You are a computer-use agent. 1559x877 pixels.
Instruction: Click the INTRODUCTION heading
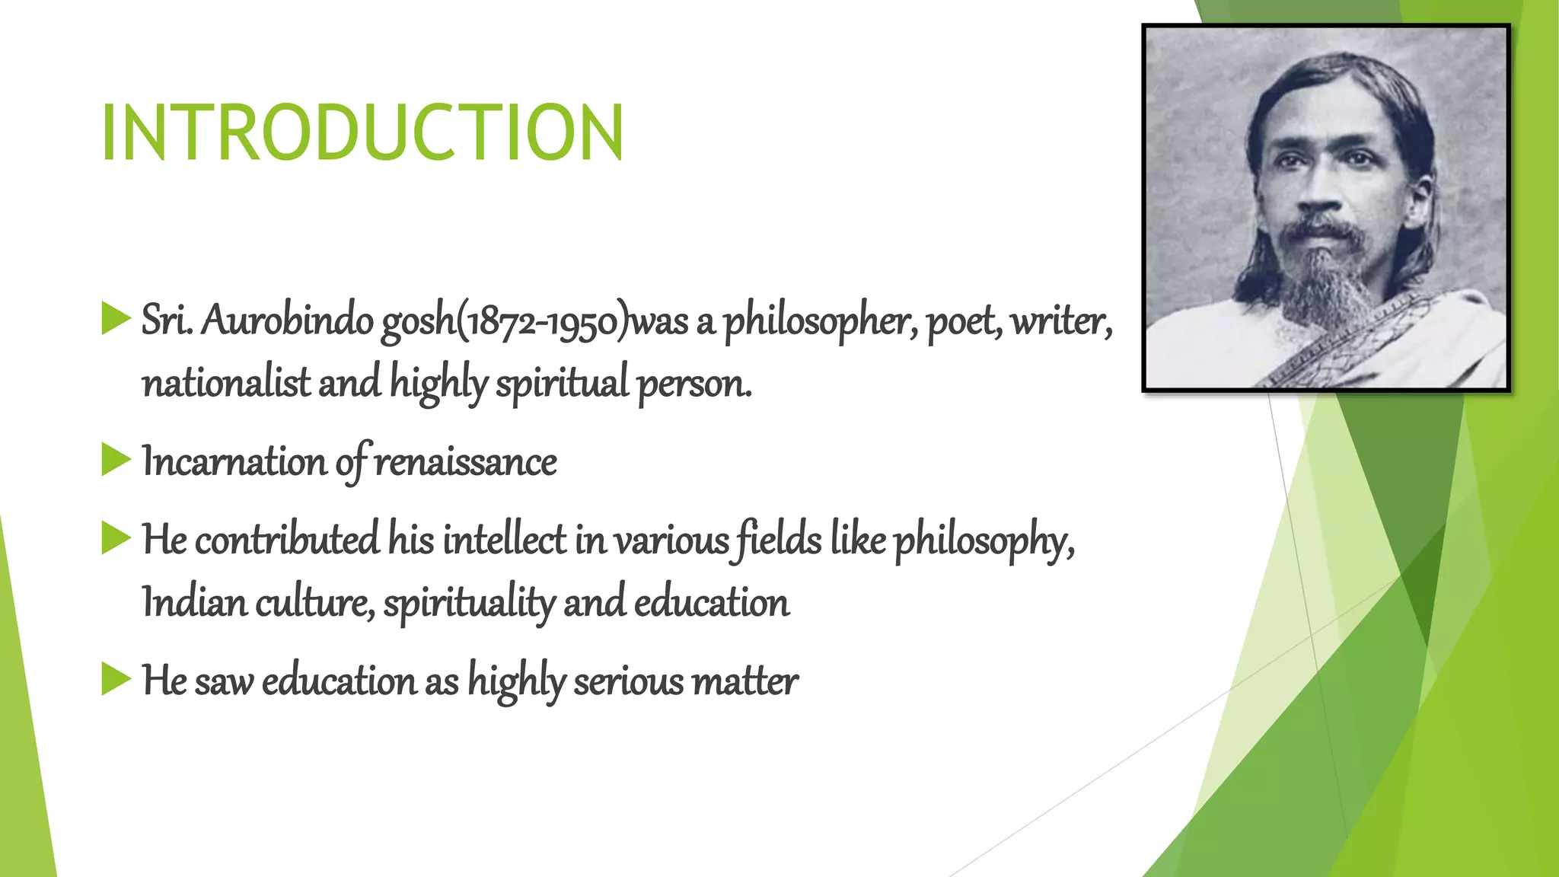click(362, 133)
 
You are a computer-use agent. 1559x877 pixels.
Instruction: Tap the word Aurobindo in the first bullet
click(287, 321)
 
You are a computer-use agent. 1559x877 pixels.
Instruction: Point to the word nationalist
click(226, 383)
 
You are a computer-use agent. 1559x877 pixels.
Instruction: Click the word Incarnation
click(234, 462)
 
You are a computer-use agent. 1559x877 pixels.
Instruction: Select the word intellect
click(505, 540)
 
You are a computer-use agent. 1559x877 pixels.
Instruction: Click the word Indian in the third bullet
click(194, 603)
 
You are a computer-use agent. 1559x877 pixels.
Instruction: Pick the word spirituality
click(469, 604)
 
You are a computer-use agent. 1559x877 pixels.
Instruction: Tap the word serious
click(629, 681)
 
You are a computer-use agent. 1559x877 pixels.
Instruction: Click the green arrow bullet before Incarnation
click(116, 460)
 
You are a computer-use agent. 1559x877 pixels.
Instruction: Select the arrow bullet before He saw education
click(116, 679)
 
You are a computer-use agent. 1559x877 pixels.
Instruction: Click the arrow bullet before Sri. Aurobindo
click(116, 318)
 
